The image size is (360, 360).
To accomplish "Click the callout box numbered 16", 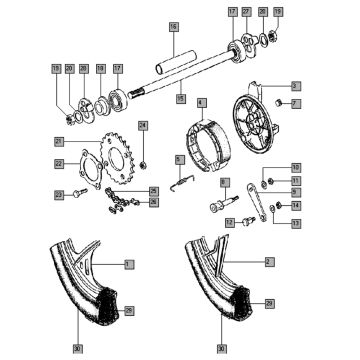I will [172, 25].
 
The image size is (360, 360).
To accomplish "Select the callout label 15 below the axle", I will [180, 98].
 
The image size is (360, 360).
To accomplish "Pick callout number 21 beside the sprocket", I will [60, 140].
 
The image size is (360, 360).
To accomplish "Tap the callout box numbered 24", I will [143, 125].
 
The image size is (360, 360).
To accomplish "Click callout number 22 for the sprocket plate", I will [60, 164].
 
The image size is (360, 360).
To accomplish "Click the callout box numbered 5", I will [179, 159].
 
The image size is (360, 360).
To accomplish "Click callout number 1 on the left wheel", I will [129, 263].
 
